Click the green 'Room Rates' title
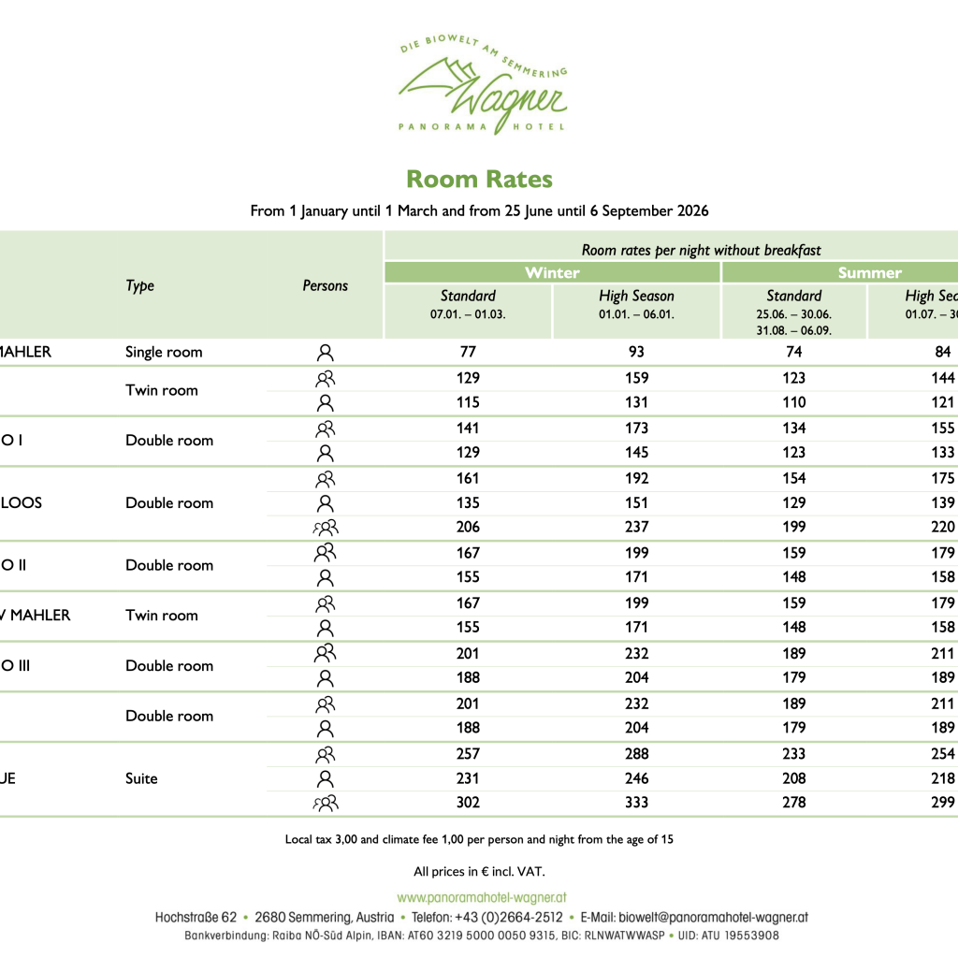click(x=479, y=180)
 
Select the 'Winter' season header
click(x=552, y=272)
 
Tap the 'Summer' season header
click(x=869, y=272)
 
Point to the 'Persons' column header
click(x=325, y=285)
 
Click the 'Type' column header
click(x=139, y=285)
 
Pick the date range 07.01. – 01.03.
click(x=468, y=314)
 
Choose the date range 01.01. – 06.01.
click(x=636, y=314)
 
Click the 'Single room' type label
click(x=164, y=352)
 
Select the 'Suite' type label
click(x=141, y=778)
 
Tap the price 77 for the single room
click(x=468, y=352)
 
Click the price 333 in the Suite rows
click(x=636, y=802)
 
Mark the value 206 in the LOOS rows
click(x=468, y=527)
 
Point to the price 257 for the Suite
click(x=468, y=753)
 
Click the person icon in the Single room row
click(x=325, y=353)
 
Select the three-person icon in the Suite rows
click(x=325, y=803)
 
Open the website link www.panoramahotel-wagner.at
click(x=482, y=897)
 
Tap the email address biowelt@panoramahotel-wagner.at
click(x=694, y=918)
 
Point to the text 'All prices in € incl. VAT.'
click(x=479, y=871)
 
